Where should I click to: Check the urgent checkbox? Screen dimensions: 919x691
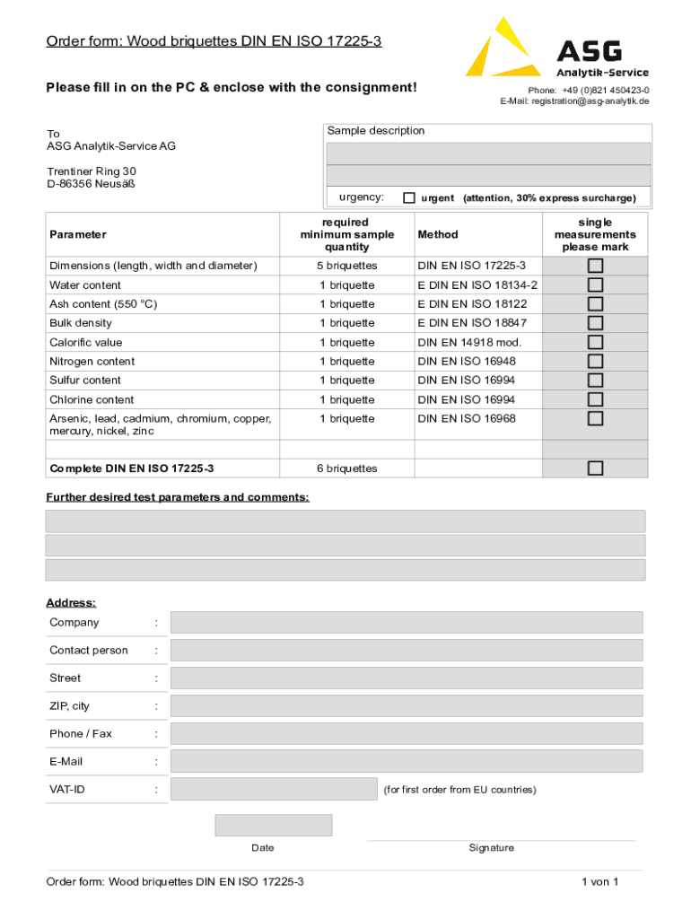pyautogui.click(x=409, y=197)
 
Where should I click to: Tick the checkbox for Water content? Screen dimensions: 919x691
pyautogui.click(x=595, y=284)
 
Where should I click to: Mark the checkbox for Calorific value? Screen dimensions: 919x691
pyautogui.click(x=595, y=342)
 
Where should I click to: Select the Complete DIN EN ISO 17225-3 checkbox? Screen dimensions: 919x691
pyautogui.click(x=595, y=468)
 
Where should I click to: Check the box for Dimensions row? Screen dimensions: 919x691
pyautogui.click(x=595, y=266)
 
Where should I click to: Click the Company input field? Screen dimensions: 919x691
pyautogui.click(x=406, y=622)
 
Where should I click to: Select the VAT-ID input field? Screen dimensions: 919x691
pyautogui.click(x=274, y=789)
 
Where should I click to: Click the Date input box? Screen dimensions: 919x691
pyautogui.click(x=273, y=825)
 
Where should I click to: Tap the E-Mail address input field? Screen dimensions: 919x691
pyautogui.click(x=406, y=761)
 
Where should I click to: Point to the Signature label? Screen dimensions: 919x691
pyautogui.click(x=491, y=848)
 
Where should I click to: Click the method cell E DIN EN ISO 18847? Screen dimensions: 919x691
pyautogui.click(x=472, y=323)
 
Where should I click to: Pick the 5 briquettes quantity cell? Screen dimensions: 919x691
pyautogui.click(x=346, y=266)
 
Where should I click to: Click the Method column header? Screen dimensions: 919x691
pyautogui.click(x=438, y=234)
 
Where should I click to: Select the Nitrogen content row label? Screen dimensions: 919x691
pyautogui.click(x=92, y=362)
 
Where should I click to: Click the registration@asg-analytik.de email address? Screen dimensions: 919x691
pyautogui.click(x=590, y=101)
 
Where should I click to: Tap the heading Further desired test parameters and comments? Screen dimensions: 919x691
pyautogui.click(x=178, y=497)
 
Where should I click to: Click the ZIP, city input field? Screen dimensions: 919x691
pyautogui.click(x=406, y=705)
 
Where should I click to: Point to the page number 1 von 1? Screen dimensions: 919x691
pyautogui.click(x=599, y=882)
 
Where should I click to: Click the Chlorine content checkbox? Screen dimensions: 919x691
pyautogui.click(x=595, y=399)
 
